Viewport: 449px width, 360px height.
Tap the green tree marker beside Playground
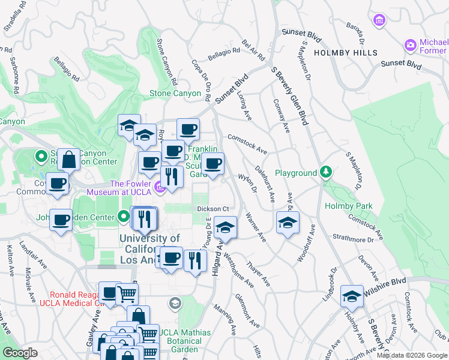click(325, 173)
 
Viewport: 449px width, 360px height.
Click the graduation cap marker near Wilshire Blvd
click(352, 296)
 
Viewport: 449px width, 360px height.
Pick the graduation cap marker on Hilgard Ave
click(225, 227)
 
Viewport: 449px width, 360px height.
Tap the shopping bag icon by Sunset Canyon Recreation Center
click(68, 160)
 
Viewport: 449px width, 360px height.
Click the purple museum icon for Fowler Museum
click(160, 188)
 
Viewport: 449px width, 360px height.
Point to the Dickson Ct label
click(214, 209)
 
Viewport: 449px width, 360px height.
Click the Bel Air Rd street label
click(253, 51)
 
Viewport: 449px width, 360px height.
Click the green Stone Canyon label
click(175, 93)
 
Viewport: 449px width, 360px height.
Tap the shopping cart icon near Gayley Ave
click(127, 294)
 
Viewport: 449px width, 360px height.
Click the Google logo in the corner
click(20, 353)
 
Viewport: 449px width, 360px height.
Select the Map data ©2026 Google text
click(411, 355)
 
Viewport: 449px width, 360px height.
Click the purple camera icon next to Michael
click(411, 45)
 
